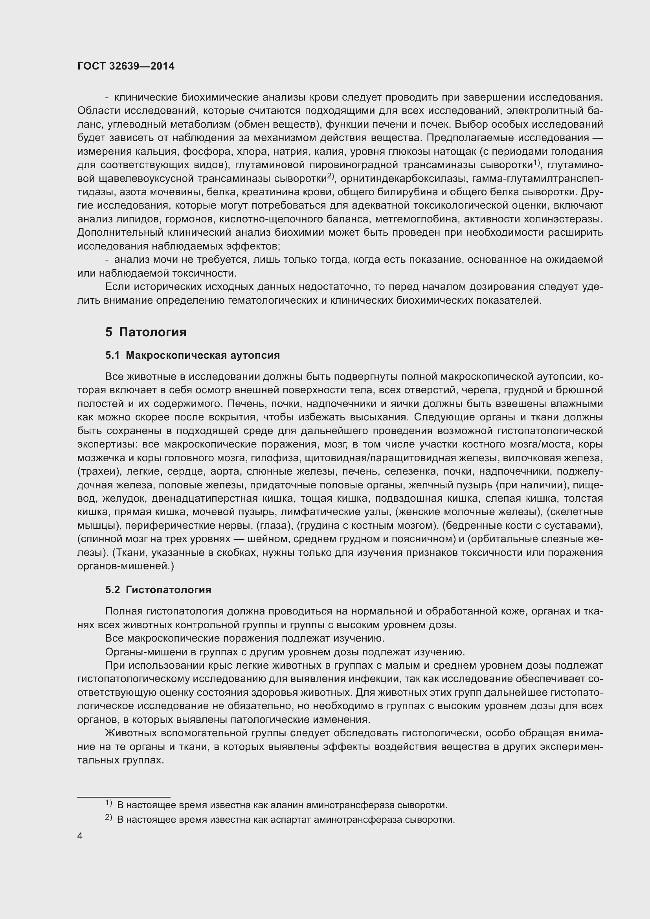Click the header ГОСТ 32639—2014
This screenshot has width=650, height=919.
[x=126, y=66]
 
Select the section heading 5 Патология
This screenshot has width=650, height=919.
[x=146, y=332]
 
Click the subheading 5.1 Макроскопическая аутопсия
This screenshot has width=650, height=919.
[x=192, y=356]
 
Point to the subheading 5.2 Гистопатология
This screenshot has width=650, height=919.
[x=158, y=590]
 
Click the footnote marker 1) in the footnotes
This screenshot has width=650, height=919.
[x=108, y=803]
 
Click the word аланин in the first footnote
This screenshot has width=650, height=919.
[x=284, y=805]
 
